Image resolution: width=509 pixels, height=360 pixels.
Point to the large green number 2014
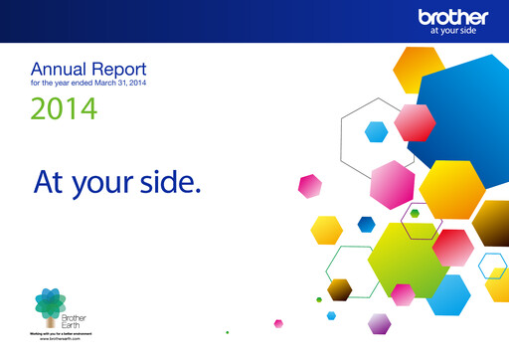click(x=64, y=108)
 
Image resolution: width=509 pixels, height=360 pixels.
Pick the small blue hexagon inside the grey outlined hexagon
click(x=376, y=131)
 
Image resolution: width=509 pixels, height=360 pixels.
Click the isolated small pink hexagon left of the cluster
click(x=311, y=186)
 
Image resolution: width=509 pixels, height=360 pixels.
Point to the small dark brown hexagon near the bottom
click(x=340, y=289)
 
